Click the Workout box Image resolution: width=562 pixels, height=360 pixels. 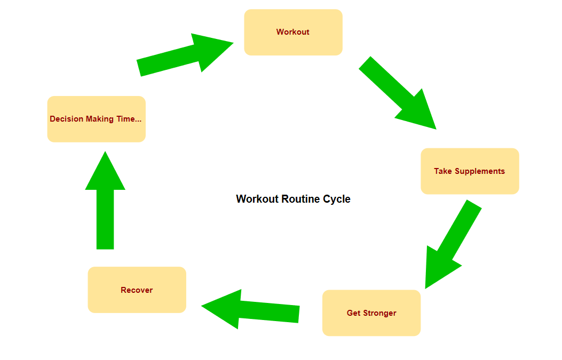[x=293, y=32]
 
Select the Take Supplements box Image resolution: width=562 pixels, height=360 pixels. [x=470, y=171]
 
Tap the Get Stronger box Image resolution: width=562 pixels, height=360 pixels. [x=371, y=313]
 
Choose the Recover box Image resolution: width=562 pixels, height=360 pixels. [x=137, y=290]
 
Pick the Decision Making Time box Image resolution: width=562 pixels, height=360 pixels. [x=97, y=119]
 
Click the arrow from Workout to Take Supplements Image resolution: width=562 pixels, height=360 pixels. [x=398, y=93]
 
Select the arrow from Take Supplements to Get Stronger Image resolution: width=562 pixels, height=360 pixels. [x=454, y=244]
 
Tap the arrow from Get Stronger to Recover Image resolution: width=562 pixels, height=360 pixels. [x=250, y=309]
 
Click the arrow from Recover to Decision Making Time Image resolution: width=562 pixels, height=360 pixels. [x=105, y=200]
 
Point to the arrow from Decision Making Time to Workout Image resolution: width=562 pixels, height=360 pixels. [x=185, y=55]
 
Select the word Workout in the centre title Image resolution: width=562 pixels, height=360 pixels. [x=257, y=199]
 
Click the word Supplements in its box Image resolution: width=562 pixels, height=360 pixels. [x=480, y=172]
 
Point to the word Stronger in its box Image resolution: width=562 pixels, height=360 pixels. [x=379, y=314]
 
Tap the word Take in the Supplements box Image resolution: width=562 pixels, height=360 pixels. [x=443, y=171]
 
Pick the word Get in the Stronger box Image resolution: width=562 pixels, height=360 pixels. [x=353, y=313]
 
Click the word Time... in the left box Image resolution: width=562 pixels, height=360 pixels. [x=129, y=119]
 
